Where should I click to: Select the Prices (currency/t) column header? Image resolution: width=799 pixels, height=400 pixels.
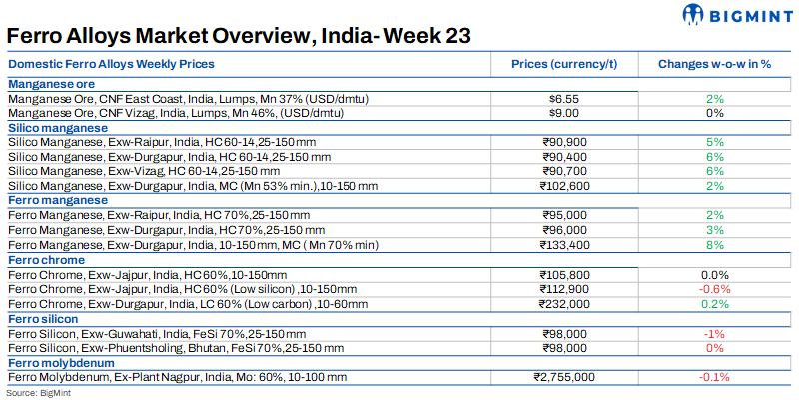565,64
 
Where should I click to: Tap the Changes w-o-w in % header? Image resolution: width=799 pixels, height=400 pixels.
714,64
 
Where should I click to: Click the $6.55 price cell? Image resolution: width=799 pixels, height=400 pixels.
565,99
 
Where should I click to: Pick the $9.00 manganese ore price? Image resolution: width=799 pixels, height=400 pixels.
565,113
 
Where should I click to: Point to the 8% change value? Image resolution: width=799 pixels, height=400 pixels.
714,244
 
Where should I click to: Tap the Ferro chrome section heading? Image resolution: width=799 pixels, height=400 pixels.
46,259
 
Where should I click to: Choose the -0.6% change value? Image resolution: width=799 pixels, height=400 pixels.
714,288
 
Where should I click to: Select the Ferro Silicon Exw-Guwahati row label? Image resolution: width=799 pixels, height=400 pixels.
157,333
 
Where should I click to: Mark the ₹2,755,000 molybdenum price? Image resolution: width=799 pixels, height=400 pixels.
565,376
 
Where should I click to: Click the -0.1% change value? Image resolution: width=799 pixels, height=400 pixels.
714,376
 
